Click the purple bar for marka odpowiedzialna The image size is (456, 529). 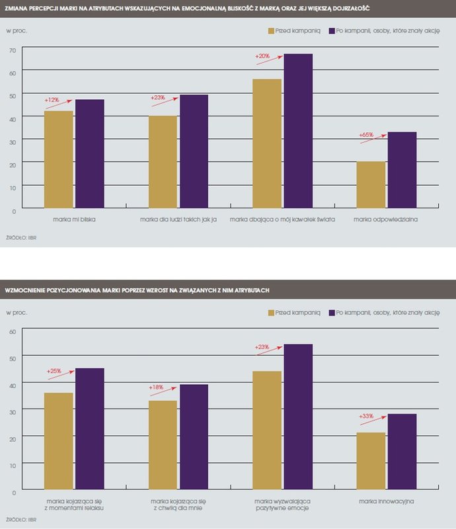[402, 170]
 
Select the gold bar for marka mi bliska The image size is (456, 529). [58, 159]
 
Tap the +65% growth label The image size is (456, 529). [366, 135]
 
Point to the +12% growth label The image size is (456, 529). [52, 100]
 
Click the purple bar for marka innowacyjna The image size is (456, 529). [402, 453]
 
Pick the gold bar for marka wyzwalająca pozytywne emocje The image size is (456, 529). [267, 431]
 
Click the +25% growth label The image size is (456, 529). [54, 372]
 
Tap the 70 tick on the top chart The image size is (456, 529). [12, 50]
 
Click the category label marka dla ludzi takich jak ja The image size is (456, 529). [179, 220]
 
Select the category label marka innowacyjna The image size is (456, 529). [387, 502]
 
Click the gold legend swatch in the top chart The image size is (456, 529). [271, 31]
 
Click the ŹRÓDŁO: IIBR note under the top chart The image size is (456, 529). [17, 236]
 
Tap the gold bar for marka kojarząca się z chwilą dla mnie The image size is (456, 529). [163, 446]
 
